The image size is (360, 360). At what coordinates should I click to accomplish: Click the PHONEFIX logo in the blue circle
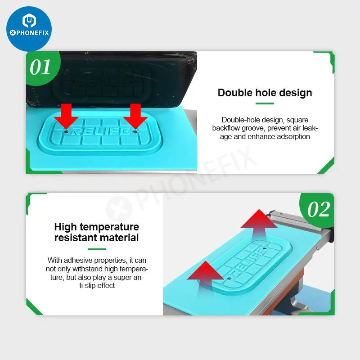click(29, 29)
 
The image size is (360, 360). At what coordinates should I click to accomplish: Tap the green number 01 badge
click(42, 67)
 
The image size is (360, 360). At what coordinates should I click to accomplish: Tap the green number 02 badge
click(318, 209)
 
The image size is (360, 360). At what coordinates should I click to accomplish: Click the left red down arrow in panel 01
click(66, 116)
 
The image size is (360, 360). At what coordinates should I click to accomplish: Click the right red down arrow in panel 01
click(135, 116)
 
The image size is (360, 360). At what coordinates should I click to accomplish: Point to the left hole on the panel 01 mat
click(66, 131)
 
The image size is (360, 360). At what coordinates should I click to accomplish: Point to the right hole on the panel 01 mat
click(135, 132)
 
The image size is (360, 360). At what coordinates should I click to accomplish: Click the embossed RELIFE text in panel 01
click(101, 131)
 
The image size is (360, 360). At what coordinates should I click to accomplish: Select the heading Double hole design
click(265, 93)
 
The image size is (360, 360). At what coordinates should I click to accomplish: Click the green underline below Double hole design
click(265, 103)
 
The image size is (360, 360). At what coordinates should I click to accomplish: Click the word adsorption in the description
click(293, 137)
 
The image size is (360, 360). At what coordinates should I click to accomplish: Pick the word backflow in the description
click(226, 128)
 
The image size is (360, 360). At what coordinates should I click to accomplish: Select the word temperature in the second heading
click(109, 227)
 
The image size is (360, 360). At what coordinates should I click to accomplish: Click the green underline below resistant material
click(97, 249)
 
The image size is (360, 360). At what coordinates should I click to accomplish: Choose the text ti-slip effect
click(97, 286)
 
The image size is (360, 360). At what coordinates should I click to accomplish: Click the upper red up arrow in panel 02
click(259, 224)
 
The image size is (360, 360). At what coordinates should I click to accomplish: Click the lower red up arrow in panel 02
click(205, 278)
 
